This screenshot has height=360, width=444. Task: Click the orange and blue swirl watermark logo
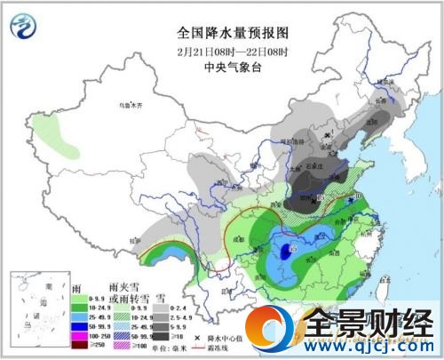point(271,330)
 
